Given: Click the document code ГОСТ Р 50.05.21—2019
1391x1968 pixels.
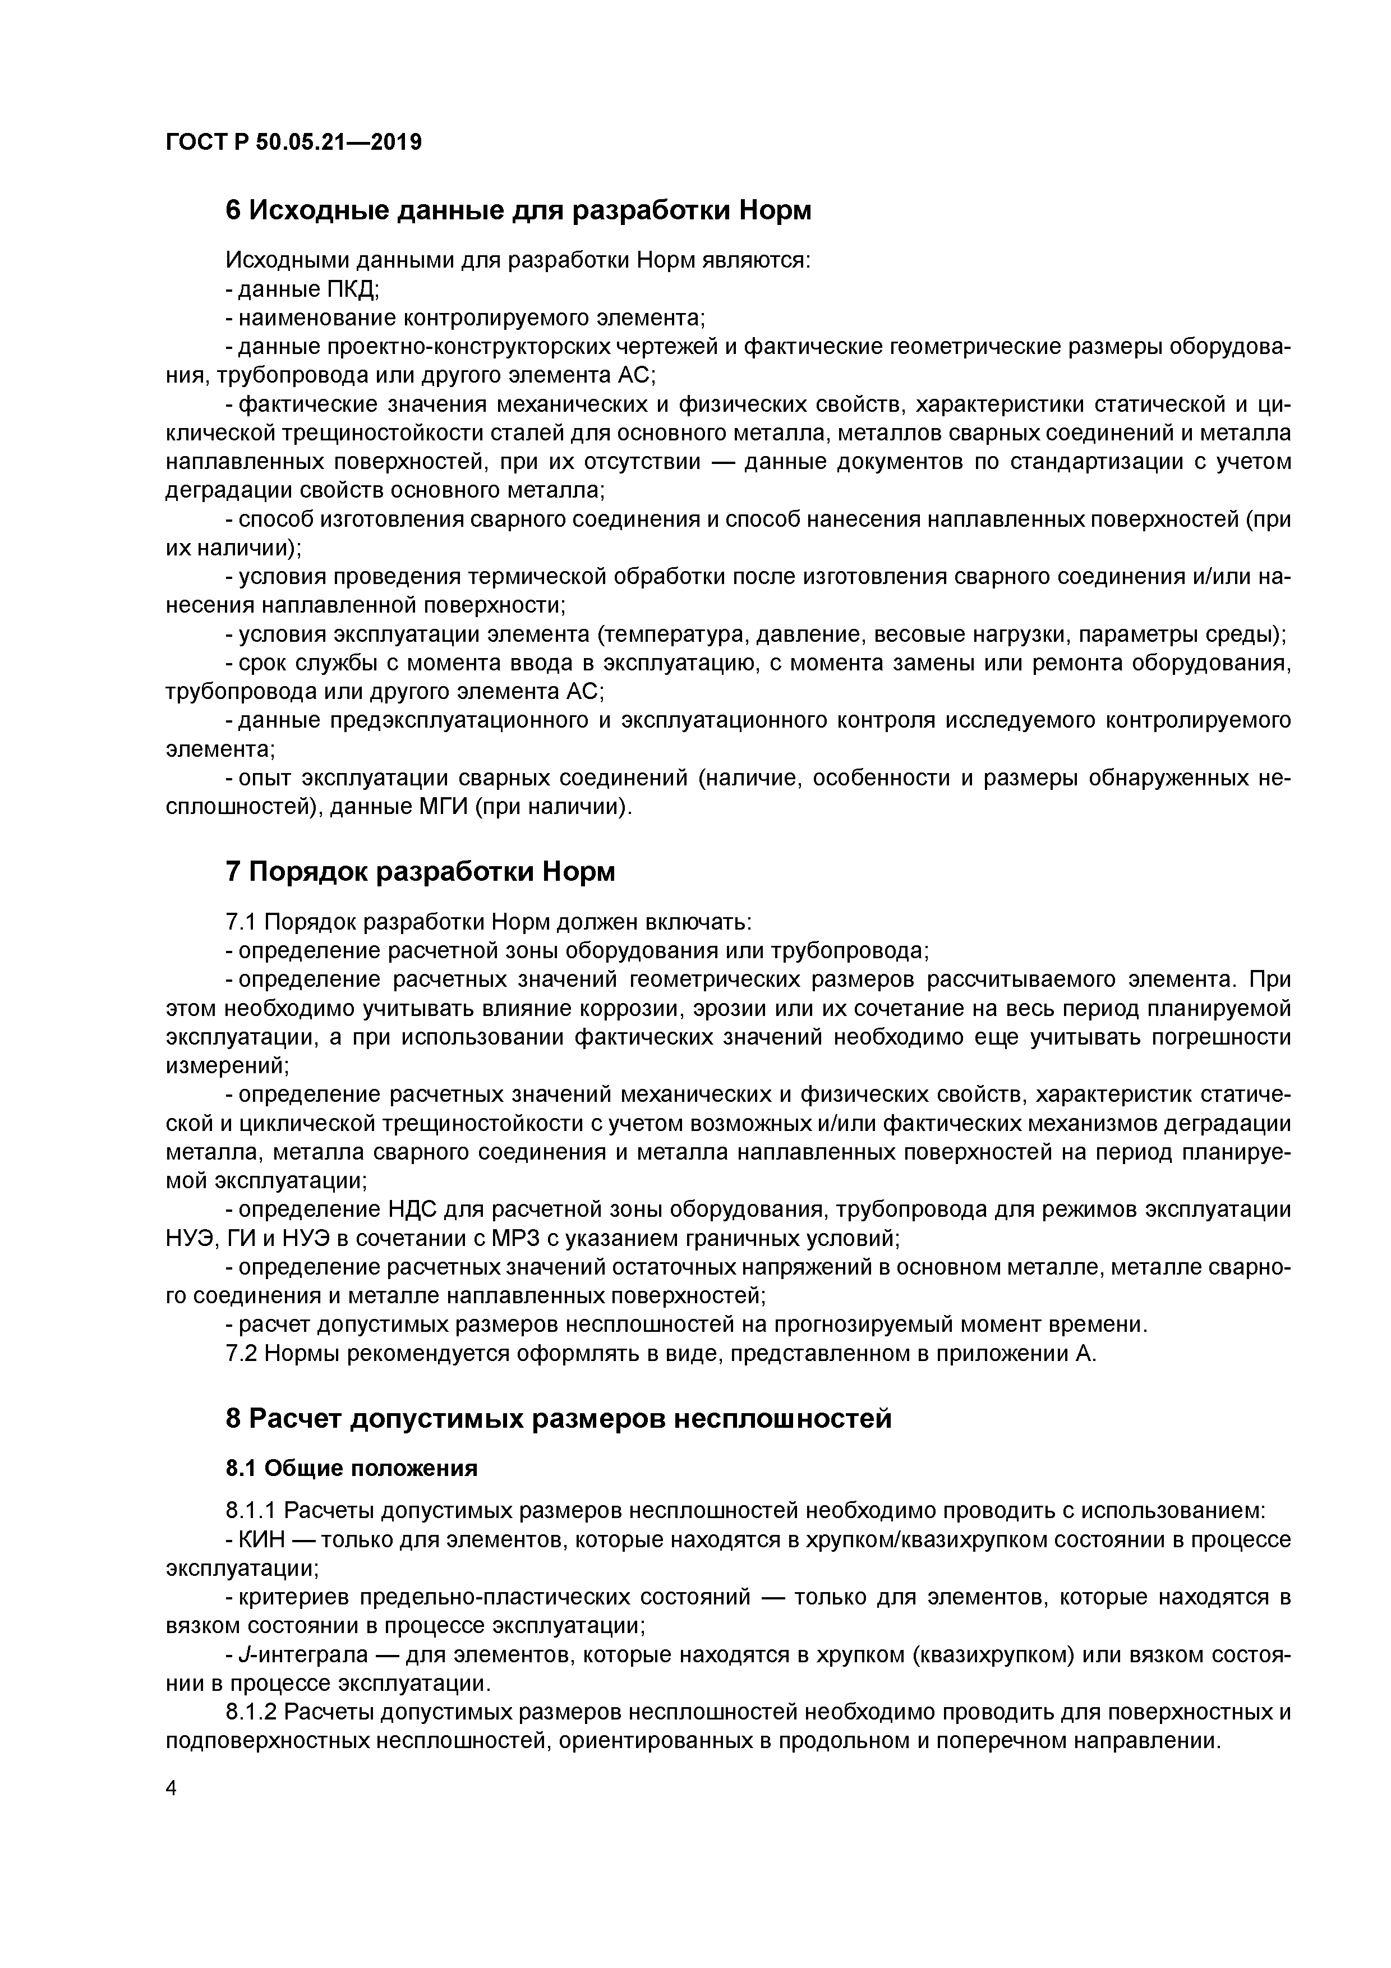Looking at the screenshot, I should click(x=293, y=142).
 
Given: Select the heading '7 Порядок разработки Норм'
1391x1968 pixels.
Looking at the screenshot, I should click(x=420, y=872).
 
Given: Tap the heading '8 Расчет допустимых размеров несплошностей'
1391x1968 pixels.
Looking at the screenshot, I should click(x=558, y=1419).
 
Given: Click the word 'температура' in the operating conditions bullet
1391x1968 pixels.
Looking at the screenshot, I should click(x=676, y=635).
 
